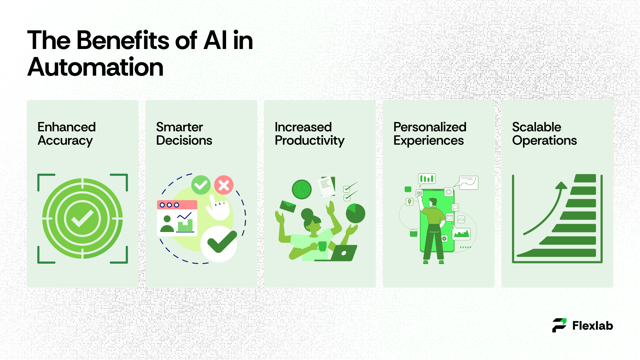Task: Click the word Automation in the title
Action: [x=95, y=67]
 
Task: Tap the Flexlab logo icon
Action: [x=559, y=325]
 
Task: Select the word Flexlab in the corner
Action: [x=593, y=326]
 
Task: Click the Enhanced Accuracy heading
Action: [x=67, y=134]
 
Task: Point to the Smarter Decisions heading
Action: [x=184, y=134]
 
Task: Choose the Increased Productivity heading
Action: [x=309, y=134]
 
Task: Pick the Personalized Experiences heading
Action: [x=430, y=134]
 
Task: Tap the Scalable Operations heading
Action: [x=544, y=134]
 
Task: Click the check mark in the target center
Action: [x=82, y=219]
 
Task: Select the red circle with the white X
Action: [x=224, y=185]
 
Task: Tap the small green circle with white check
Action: [x=201, y=185]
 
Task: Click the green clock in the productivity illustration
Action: [x=302, y=189]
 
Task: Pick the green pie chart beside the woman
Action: [x=356, y=214]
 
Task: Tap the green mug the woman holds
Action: [x=322, y=246]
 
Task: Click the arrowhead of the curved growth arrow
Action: [x=561, y=185]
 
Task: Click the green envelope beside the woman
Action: [x=288, y=206]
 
